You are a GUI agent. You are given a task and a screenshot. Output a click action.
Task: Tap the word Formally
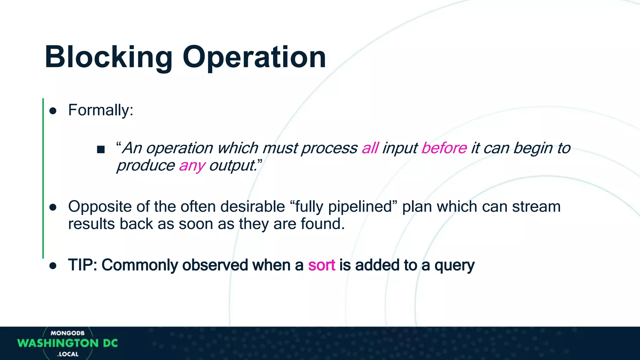pos(100,110)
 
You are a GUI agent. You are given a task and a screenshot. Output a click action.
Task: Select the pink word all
pos(370,148)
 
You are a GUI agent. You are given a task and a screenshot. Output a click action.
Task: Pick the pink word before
pos(444,148)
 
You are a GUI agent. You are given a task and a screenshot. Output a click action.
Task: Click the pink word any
pos(192,166)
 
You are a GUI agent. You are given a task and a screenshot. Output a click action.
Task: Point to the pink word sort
pos(322,265)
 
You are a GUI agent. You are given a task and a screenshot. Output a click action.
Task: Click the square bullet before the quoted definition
pos(101,149)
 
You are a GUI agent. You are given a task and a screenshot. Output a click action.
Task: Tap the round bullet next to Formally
pos(53,111)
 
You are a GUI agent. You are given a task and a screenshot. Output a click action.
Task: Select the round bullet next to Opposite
pos(53,207)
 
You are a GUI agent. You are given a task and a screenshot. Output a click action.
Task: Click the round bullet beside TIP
pos(53,266)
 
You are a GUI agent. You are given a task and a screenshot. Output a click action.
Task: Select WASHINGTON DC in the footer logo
pos(67,343)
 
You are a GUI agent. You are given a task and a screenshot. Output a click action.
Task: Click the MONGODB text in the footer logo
pos(67,333)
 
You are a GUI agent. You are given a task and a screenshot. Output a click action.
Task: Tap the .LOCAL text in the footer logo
pos(68,354)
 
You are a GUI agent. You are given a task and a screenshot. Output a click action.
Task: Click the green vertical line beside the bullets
pos(43,178)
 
